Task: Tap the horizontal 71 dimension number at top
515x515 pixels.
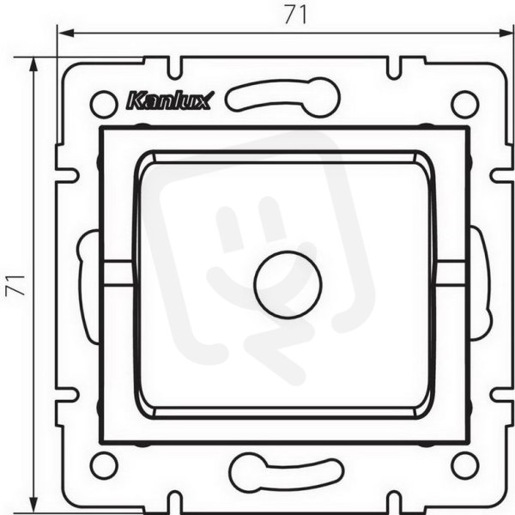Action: point(295,15)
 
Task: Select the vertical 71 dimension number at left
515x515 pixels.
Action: point(15,285)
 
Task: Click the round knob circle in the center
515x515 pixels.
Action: point(288,285)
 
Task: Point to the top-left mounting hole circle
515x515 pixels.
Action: point(103,105)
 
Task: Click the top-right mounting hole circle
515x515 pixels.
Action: point(465,104)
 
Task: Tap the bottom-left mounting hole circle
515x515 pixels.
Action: point(104,465)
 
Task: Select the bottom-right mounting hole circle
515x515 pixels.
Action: point(464,465)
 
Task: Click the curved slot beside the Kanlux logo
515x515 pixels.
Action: point(282,98)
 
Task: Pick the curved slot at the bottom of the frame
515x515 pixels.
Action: point(287,472)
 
